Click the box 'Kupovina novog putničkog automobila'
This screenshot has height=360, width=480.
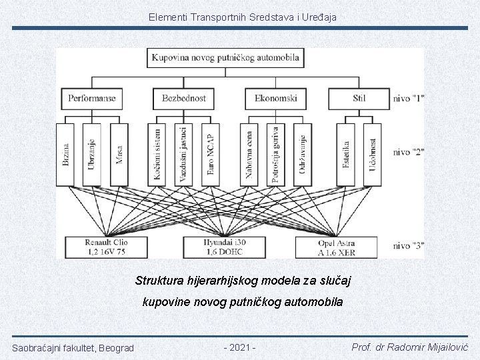[x=225, y=57]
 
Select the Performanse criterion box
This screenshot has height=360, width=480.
[x=91, y=99]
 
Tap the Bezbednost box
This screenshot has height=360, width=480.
[x=183, y=99]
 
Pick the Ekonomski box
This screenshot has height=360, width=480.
[x=275, y=99]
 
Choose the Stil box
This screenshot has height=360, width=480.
[x=359, y=99]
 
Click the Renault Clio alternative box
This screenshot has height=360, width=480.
[x=107, y=247]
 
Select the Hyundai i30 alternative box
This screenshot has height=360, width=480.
[x=225, y=247]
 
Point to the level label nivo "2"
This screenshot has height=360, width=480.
[x=409, y=152]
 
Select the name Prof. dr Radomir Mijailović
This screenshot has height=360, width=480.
[x=409, y=347]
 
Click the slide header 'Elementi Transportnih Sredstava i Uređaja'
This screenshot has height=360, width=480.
[x=243, y=16]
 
